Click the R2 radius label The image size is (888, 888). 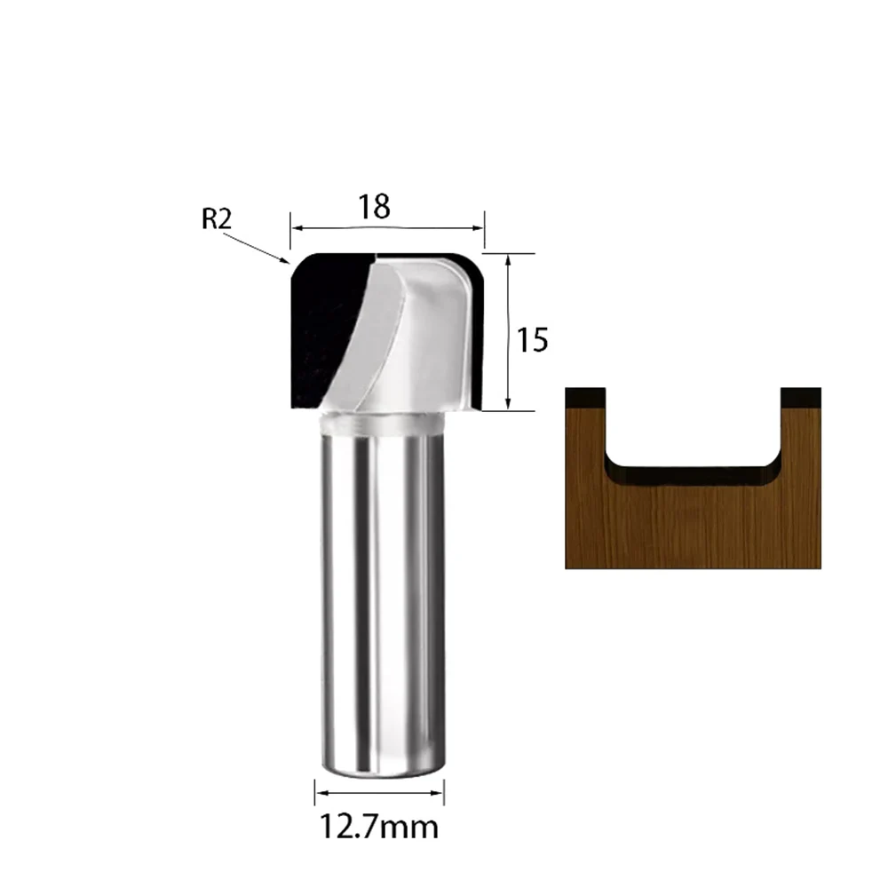click(216, 218)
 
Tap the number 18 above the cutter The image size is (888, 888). click(375, 207)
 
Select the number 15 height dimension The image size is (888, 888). click(533, 340)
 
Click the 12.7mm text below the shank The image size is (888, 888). click(379, 828)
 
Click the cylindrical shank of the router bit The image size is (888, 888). click(379, 604)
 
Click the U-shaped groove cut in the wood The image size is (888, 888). click(693, 435)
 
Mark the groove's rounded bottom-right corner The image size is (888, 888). click(771, 470)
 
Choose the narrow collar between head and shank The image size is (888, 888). click(379, 423)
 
